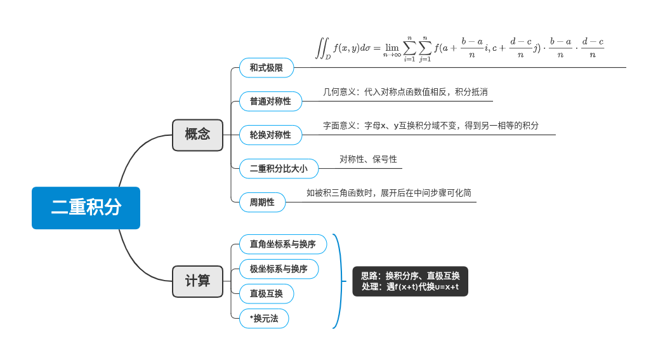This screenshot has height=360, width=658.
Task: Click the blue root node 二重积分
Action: point(86,208)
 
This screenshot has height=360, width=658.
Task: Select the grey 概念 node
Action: point(197,135)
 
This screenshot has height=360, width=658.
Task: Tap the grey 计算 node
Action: point(197,281)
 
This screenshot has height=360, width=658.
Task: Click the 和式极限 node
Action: point(266,68)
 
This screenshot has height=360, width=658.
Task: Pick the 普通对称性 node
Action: point(270,102)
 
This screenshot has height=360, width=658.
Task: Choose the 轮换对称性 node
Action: point(270,135)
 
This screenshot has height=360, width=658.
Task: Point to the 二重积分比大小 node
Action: point(279,169)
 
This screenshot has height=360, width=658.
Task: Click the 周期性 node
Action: point(262,203)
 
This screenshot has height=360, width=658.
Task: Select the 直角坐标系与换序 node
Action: point(282,244)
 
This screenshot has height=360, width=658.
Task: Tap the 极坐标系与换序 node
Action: point(279,269)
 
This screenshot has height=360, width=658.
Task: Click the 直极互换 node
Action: point(266,294)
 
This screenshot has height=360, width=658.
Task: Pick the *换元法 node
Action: point(264,319)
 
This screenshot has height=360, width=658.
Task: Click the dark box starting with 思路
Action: point(410,281)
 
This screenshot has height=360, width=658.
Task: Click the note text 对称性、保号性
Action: point(368,159)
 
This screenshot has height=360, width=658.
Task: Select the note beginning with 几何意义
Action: point(405,92)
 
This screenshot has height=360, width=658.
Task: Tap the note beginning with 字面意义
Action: point(430,126)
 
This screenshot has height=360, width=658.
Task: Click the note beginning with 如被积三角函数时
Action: point(388,193)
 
